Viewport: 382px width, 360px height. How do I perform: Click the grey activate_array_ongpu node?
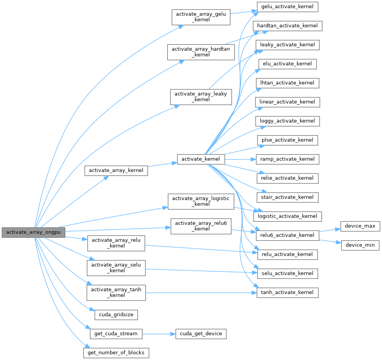33,232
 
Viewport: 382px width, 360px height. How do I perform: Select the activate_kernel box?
201,159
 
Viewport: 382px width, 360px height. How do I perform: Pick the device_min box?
360,245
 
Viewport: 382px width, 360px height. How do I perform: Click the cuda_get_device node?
201,334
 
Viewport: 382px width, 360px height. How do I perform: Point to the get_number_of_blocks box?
116,353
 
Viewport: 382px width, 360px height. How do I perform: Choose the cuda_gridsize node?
116,314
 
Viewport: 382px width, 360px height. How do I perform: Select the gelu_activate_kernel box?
287,7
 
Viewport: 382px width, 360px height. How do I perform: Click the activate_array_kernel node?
116,170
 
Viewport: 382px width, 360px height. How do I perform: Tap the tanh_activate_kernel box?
287,292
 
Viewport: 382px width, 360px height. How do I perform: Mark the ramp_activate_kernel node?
287,159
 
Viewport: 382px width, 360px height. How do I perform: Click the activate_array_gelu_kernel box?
201,17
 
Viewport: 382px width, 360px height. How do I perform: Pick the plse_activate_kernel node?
287,140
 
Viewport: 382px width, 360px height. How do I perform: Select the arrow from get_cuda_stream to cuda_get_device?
159,334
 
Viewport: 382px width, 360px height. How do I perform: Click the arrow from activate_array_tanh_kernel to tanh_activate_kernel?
201,292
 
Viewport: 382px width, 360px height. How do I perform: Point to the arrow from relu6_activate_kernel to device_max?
329,230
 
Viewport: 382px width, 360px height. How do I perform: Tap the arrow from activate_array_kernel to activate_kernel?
162,165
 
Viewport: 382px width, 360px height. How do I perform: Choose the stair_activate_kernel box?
287,197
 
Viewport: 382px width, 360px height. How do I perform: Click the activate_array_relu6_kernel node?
201,226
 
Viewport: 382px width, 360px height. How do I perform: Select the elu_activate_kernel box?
287,64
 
